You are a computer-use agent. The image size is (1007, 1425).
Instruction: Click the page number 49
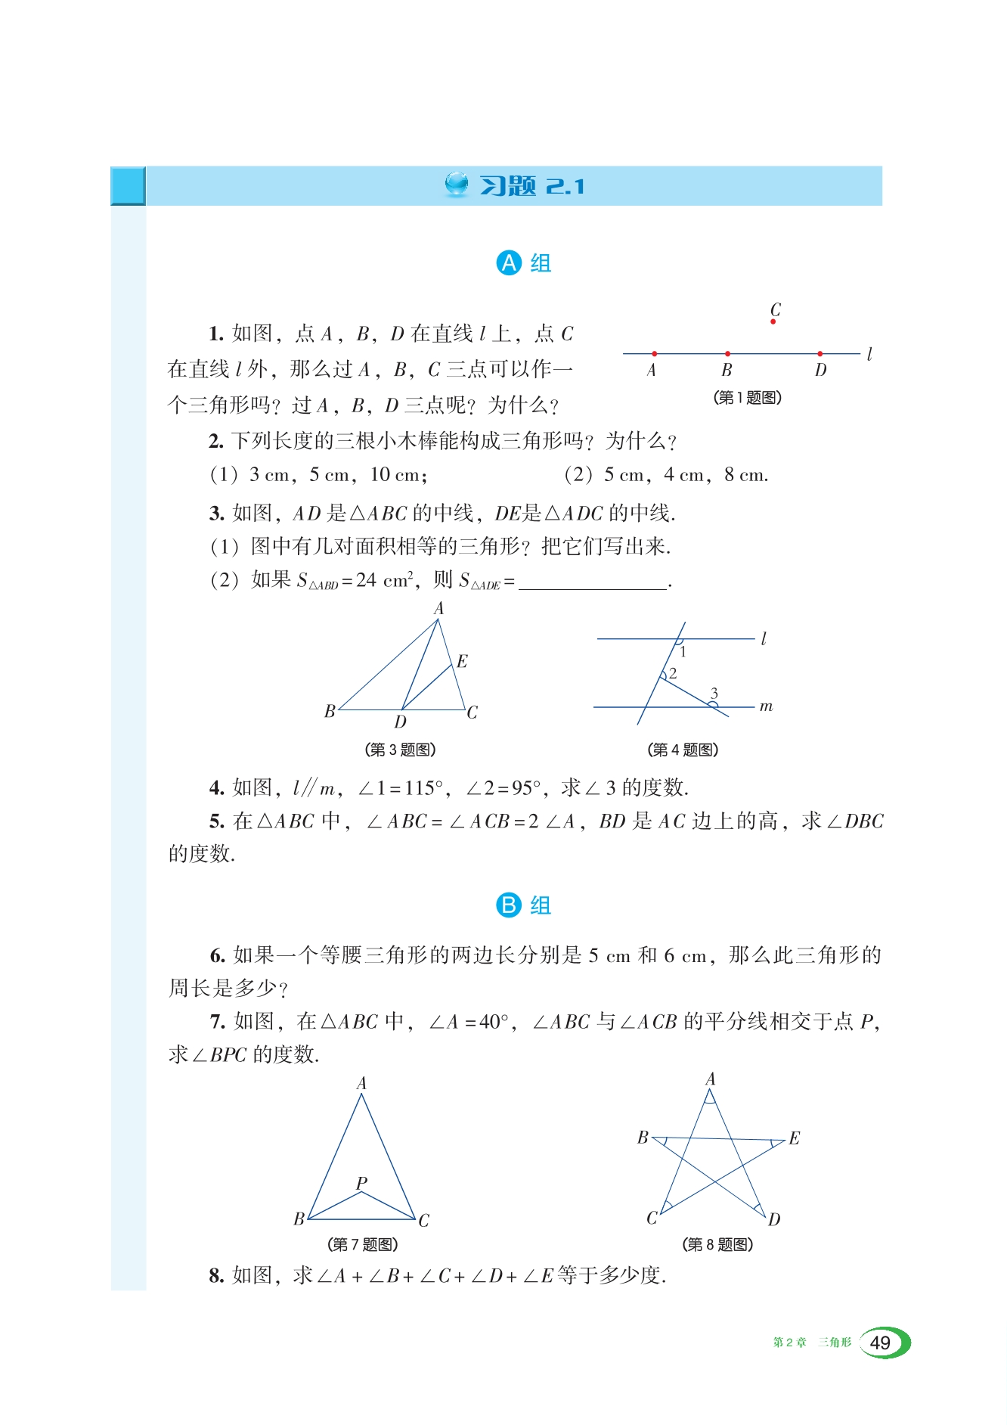(880, 1343)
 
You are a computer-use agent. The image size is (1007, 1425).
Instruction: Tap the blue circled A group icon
(509, 263)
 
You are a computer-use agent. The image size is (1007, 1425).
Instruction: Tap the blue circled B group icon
(509, 905)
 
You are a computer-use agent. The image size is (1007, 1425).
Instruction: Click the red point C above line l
(773, 322)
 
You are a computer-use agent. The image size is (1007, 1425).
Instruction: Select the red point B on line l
(727, 354)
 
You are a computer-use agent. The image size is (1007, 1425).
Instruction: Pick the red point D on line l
(820, 354)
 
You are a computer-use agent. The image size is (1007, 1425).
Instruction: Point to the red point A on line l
(654, 354)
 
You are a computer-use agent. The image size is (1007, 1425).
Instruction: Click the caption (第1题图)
(747, 398)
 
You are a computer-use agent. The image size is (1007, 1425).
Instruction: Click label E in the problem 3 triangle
(462, 662)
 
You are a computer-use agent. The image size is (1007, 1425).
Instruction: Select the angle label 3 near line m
(714, 693)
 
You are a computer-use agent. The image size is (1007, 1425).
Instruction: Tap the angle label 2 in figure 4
(673, 672)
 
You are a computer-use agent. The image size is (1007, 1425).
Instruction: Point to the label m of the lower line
(766, 706)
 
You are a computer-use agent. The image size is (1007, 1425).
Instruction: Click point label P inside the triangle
(361, 1182)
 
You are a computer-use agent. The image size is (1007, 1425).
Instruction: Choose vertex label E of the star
(794, 1138)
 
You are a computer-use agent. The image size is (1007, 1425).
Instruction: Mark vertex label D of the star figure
(774, 1219)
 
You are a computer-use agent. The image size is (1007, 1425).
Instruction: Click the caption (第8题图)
(717, 1244)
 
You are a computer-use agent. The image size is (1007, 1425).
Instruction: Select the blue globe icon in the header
(457, 184)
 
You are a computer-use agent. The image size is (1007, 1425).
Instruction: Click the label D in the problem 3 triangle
(400, 722)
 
